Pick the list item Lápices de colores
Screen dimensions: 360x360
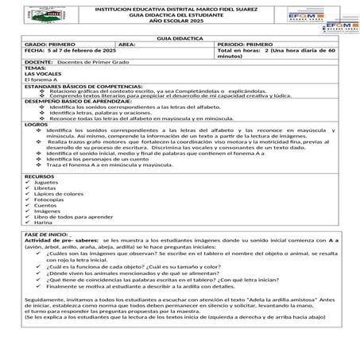tap(59, 193)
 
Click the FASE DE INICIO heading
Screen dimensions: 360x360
tap(46, 236)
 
